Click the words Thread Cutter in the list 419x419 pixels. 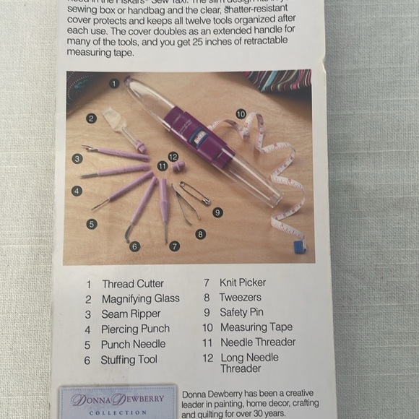tap(132, 284)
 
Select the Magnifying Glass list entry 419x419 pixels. tap(140, 299)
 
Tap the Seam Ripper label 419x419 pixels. tap(131, 314)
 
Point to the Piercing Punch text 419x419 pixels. tap(135, 329)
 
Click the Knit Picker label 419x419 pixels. tap(243, 282)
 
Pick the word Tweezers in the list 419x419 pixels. tap(241, 297)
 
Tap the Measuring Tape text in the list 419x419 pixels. tap(256, 327)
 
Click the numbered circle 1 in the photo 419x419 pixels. tap(114, 83)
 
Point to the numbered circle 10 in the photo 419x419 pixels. tap(241, 113)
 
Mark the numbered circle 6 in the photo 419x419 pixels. tap(135, 246)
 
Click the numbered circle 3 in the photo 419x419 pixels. tap(77, 158)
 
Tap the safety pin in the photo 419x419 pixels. tap(195, 194)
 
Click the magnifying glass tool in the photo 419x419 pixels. tap(120, 126)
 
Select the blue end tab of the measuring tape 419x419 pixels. tap(299, 246)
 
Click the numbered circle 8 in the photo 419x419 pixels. tap(200, 234)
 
